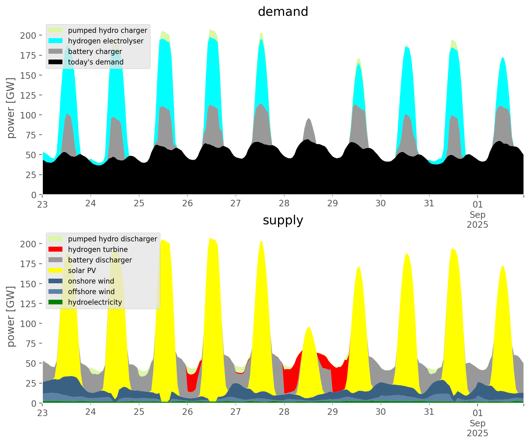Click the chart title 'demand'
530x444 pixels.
[283, 12]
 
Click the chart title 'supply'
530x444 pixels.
[283, 220]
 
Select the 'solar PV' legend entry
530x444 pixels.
[82, 271]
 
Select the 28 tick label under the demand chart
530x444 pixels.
[284, 204]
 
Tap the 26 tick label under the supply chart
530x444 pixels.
[187, 412]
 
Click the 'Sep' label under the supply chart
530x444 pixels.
[477, 423]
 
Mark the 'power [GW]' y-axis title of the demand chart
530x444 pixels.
[11, 108]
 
